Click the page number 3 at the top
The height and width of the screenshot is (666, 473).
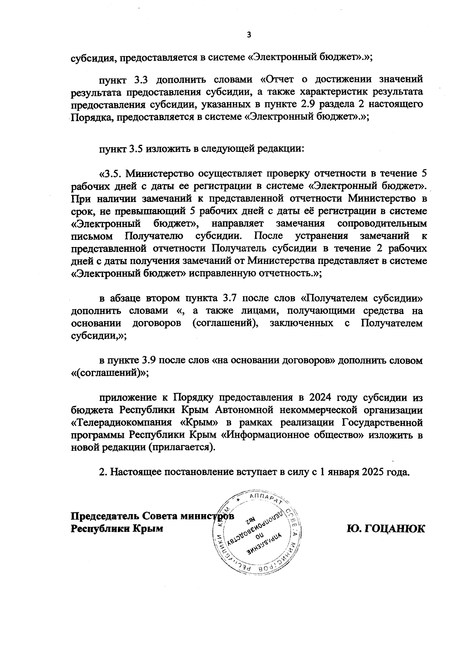248,35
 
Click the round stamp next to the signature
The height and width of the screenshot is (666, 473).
256,533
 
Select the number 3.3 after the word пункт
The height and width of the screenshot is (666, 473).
140,80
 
